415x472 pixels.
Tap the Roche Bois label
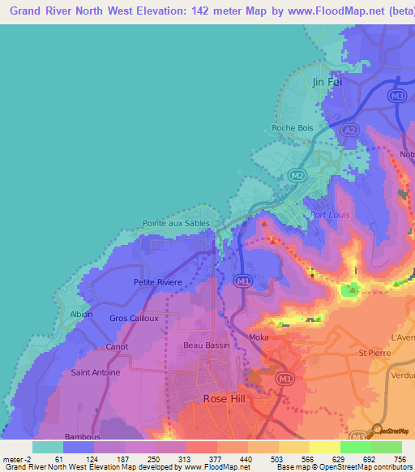[293, 127]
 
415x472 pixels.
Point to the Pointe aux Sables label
[176, 223]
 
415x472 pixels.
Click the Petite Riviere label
[158, 282]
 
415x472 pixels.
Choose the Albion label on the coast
[81, 314]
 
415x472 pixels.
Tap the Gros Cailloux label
[134, 318]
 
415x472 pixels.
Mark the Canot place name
[117, 346]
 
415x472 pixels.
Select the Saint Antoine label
[96, 372]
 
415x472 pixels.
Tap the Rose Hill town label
[222, 397]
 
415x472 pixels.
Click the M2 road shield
[297, 175]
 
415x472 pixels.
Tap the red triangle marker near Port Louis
[264, 220]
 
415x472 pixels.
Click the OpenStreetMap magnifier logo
[377, 431]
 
